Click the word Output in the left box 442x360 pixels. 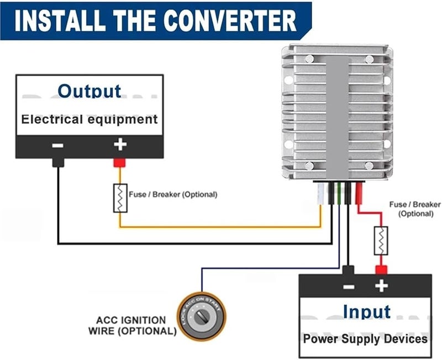click(90, 91)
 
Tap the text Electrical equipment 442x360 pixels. click(90, 119)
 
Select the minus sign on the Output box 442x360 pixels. click(57, 146)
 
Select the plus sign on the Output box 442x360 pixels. click(120, 145)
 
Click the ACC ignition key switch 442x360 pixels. click(199, 317)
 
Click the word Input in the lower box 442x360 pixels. click(366, 311)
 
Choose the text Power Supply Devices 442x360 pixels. click(365, 338)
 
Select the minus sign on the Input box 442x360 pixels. click(348, 286)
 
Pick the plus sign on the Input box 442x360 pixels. click(381, 286)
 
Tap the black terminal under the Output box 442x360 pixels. click(57, 162)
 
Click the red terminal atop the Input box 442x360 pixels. click(381, 269)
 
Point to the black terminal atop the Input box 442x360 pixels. click(348, 269)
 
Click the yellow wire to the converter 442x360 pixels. click(221, 226)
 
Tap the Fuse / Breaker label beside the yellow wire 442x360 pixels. click(173, 194)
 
